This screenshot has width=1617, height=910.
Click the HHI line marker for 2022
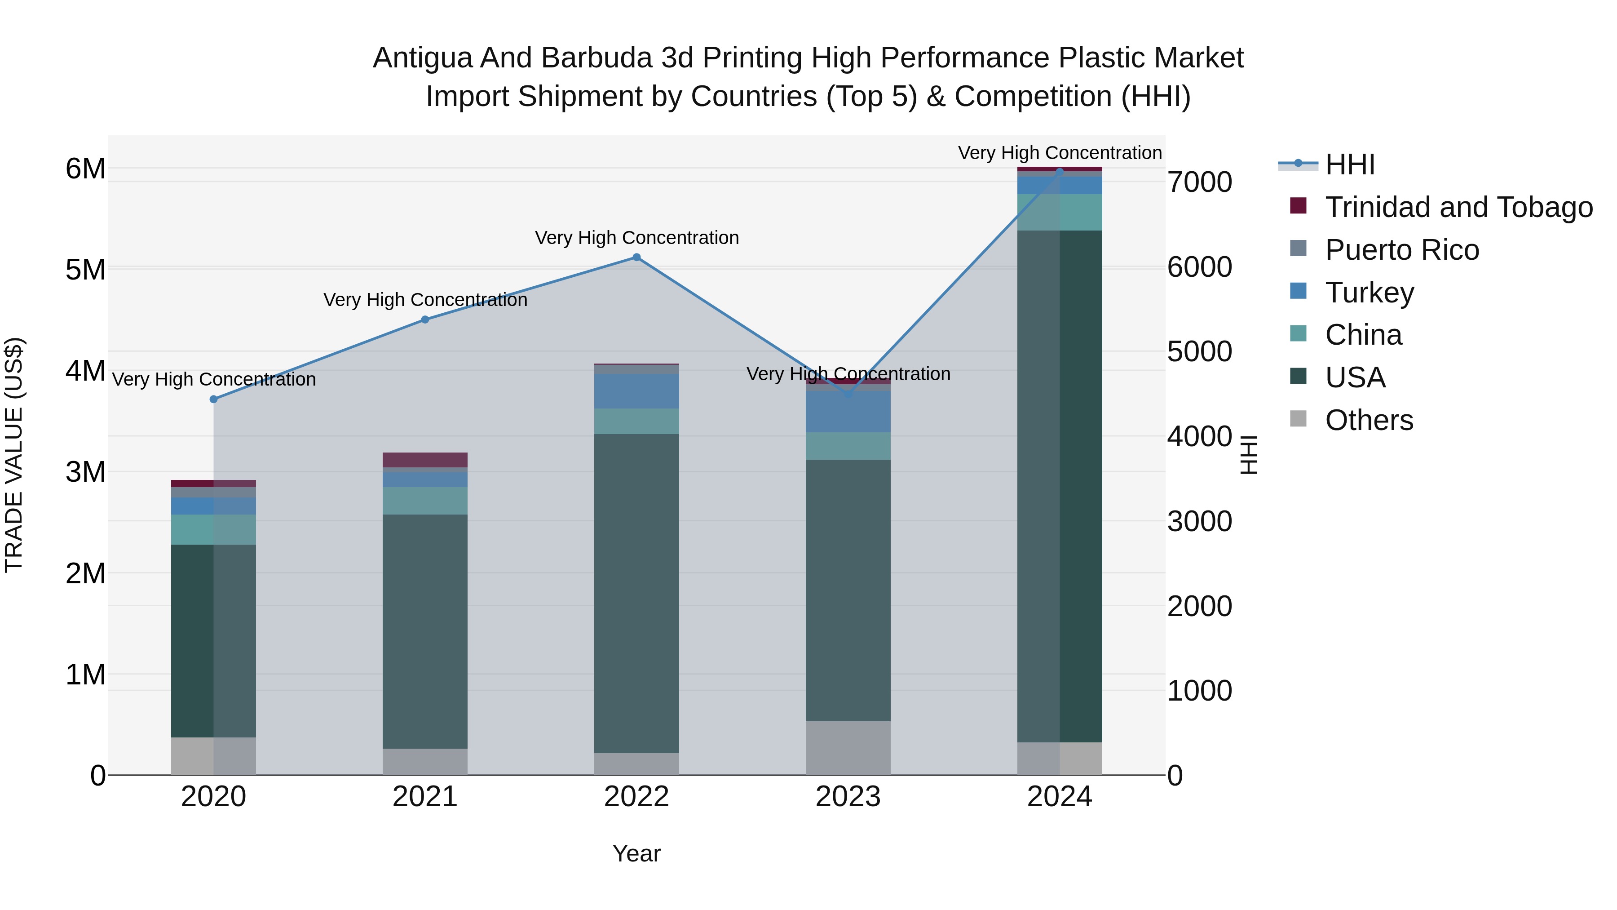pyautogui.click(x=636, y=257)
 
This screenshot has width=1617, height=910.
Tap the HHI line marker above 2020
pyautogui.click(x=213, y=400)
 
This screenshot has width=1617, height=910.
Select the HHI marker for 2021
pyautogui.click(x=425, y=320)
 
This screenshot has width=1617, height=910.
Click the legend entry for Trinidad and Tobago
pyautogui.click(x=1458, y=207)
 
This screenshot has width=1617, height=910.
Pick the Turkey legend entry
pyautogui.click(x=1369, y=293)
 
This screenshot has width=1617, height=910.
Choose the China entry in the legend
pyautogui.click(x=1363, y=335)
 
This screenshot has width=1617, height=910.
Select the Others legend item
pyautogui.click(x=1369, y=420)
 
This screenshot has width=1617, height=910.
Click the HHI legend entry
pyautogui.click(x=1350, y=164)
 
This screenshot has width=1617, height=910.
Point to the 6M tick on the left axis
pyautogui.click(x=85, y=169)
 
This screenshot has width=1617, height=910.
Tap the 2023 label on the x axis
pyautogui.click(x=848, y=797)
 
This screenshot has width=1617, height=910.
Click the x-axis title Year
pyautogui.click(x=636, y=853)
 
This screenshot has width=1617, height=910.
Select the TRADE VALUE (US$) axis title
pyautogui.click(x=14, y=455)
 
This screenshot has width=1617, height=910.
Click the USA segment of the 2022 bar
pyautogui.click(x=636, y=594)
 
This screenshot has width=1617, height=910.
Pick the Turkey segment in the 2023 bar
pyautogui.click(x=848, y=412)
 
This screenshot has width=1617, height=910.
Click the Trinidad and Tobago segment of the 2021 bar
pyautogui.click(x=425, y=460)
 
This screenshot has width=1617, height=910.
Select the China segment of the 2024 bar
pyautogui.click(x=1060, y=212)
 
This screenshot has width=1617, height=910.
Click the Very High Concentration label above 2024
pyautogui.click(x=1060, y=153)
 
